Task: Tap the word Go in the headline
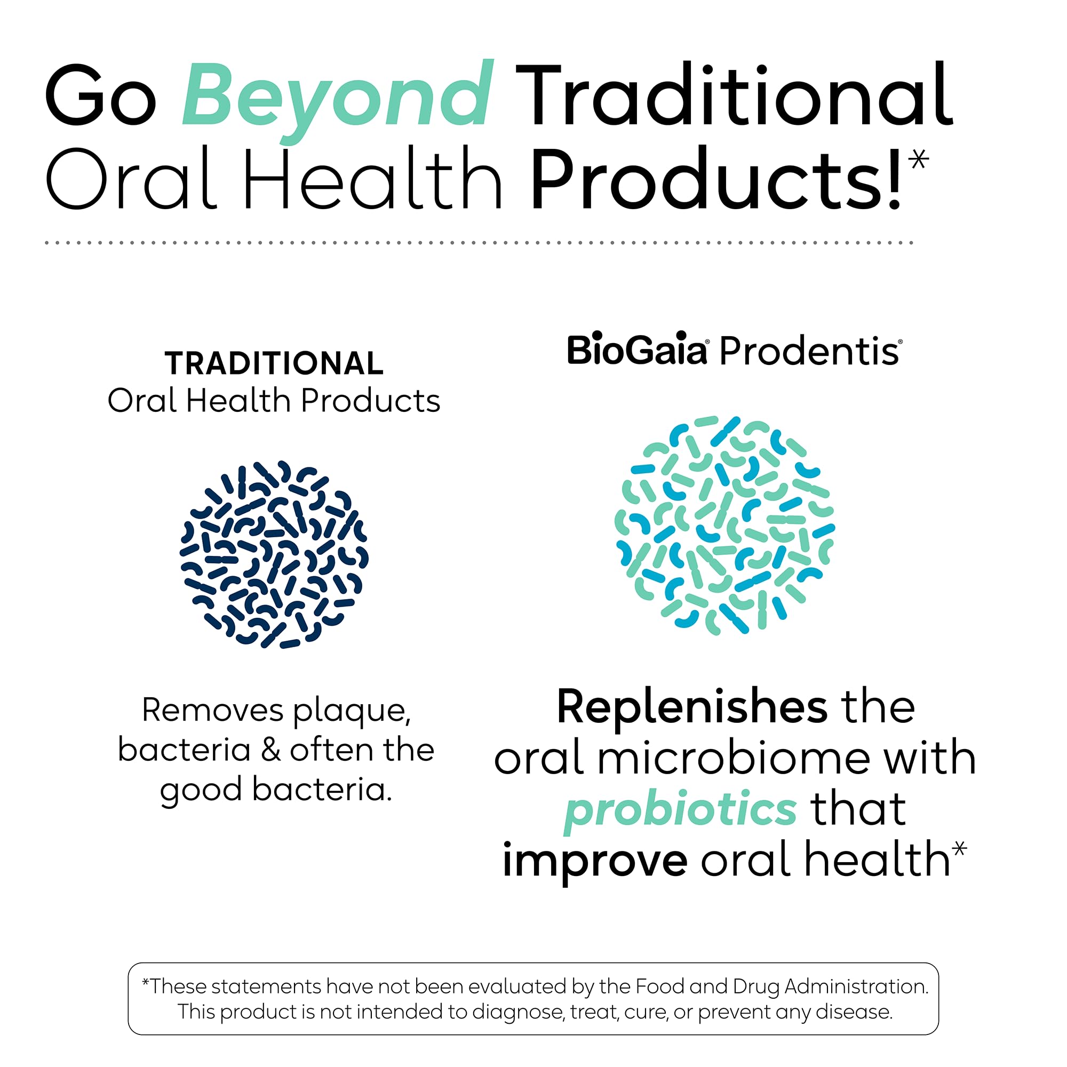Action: point(100,95)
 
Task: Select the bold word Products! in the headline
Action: point(716,179)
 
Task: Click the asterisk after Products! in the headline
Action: point(919,160)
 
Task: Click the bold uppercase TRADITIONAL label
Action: point(274,363)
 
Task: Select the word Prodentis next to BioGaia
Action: point(810,351)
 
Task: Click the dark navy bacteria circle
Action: point(274,554)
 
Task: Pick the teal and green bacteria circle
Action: point(724,524)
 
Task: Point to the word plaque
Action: point(351,711)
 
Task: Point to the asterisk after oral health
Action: point(960,848)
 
